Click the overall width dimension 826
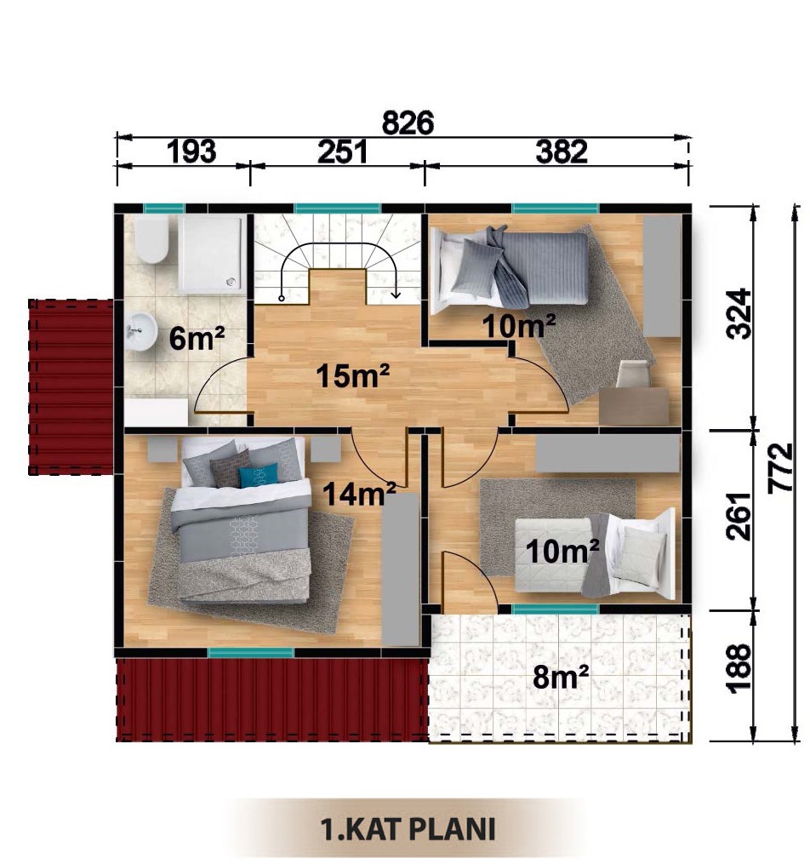(408, 122)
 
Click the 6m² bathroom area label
(197, 338)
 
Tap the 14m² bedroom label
(359, 493)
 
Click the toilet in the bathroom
(151, 239)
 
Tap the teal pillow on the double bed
(259, 476)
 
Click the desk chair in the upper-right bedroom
(633, 375)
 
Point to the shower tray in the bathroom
(212, 253)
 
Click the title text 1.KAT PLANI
(408, 829)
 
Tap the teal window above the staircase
(337, 209)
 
